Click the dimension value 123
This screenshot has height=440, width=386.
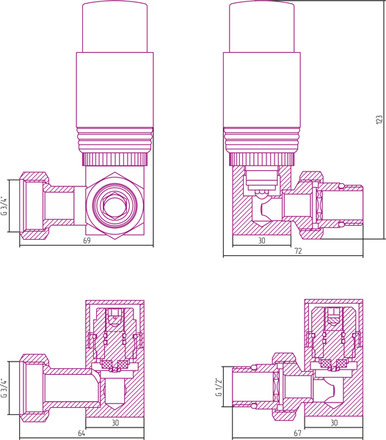click(x=379, y=120)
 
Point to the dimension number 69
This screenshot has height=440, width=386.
click(x=87, y=241)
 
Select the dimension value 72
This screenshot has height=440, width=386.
click(x=298, y=251)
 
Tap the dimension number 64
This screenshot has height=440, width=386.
click(x=81, y=433)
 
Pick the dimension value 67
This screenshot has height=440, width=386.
click(x=297, y=433)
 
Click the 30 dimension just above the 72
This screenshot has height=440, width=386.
click(x=262, y=241)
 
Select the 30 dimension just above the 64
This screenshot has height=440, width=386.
click(x=115, y=423)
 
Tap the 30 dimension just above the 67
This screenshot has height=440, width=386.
click(x=334, y=423)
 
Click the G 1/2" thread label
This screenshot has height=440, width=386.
click(x=219, y=387)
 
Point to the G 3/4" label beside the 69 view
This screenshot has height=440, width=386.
click(x=4, y=205)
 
